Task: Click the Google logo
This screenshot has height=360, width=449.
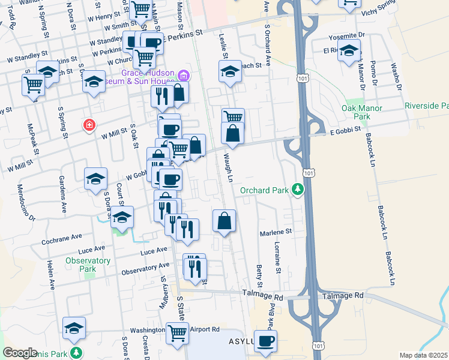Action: coord(20,353)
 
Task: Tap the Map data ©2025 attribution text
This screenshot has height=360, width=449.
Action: coord(423,355)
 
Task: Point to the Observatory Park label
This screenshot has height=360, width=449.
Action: coord(88,265)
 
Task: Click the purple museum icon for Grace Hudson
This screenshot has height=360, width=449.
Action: coord(184,76)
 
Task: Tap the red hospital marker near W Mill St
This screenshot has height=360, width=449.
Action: coord(89,125)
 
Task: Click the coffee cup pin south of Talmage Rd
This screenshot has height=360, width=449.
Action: coord(265,341)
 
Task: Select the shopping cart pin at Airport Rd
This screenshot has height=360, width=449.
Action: coord(177,332)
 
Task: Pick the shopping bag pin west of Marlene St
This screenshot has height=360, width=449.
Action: coord(224,220)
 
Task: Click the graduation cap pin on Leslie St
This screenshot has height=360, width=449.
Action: coord(229,72)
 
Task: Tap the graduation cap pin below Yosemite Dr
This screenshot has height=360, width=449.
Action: coord(348,52)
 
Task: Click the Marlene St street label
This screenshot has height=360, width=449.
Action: coord(275,232)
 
